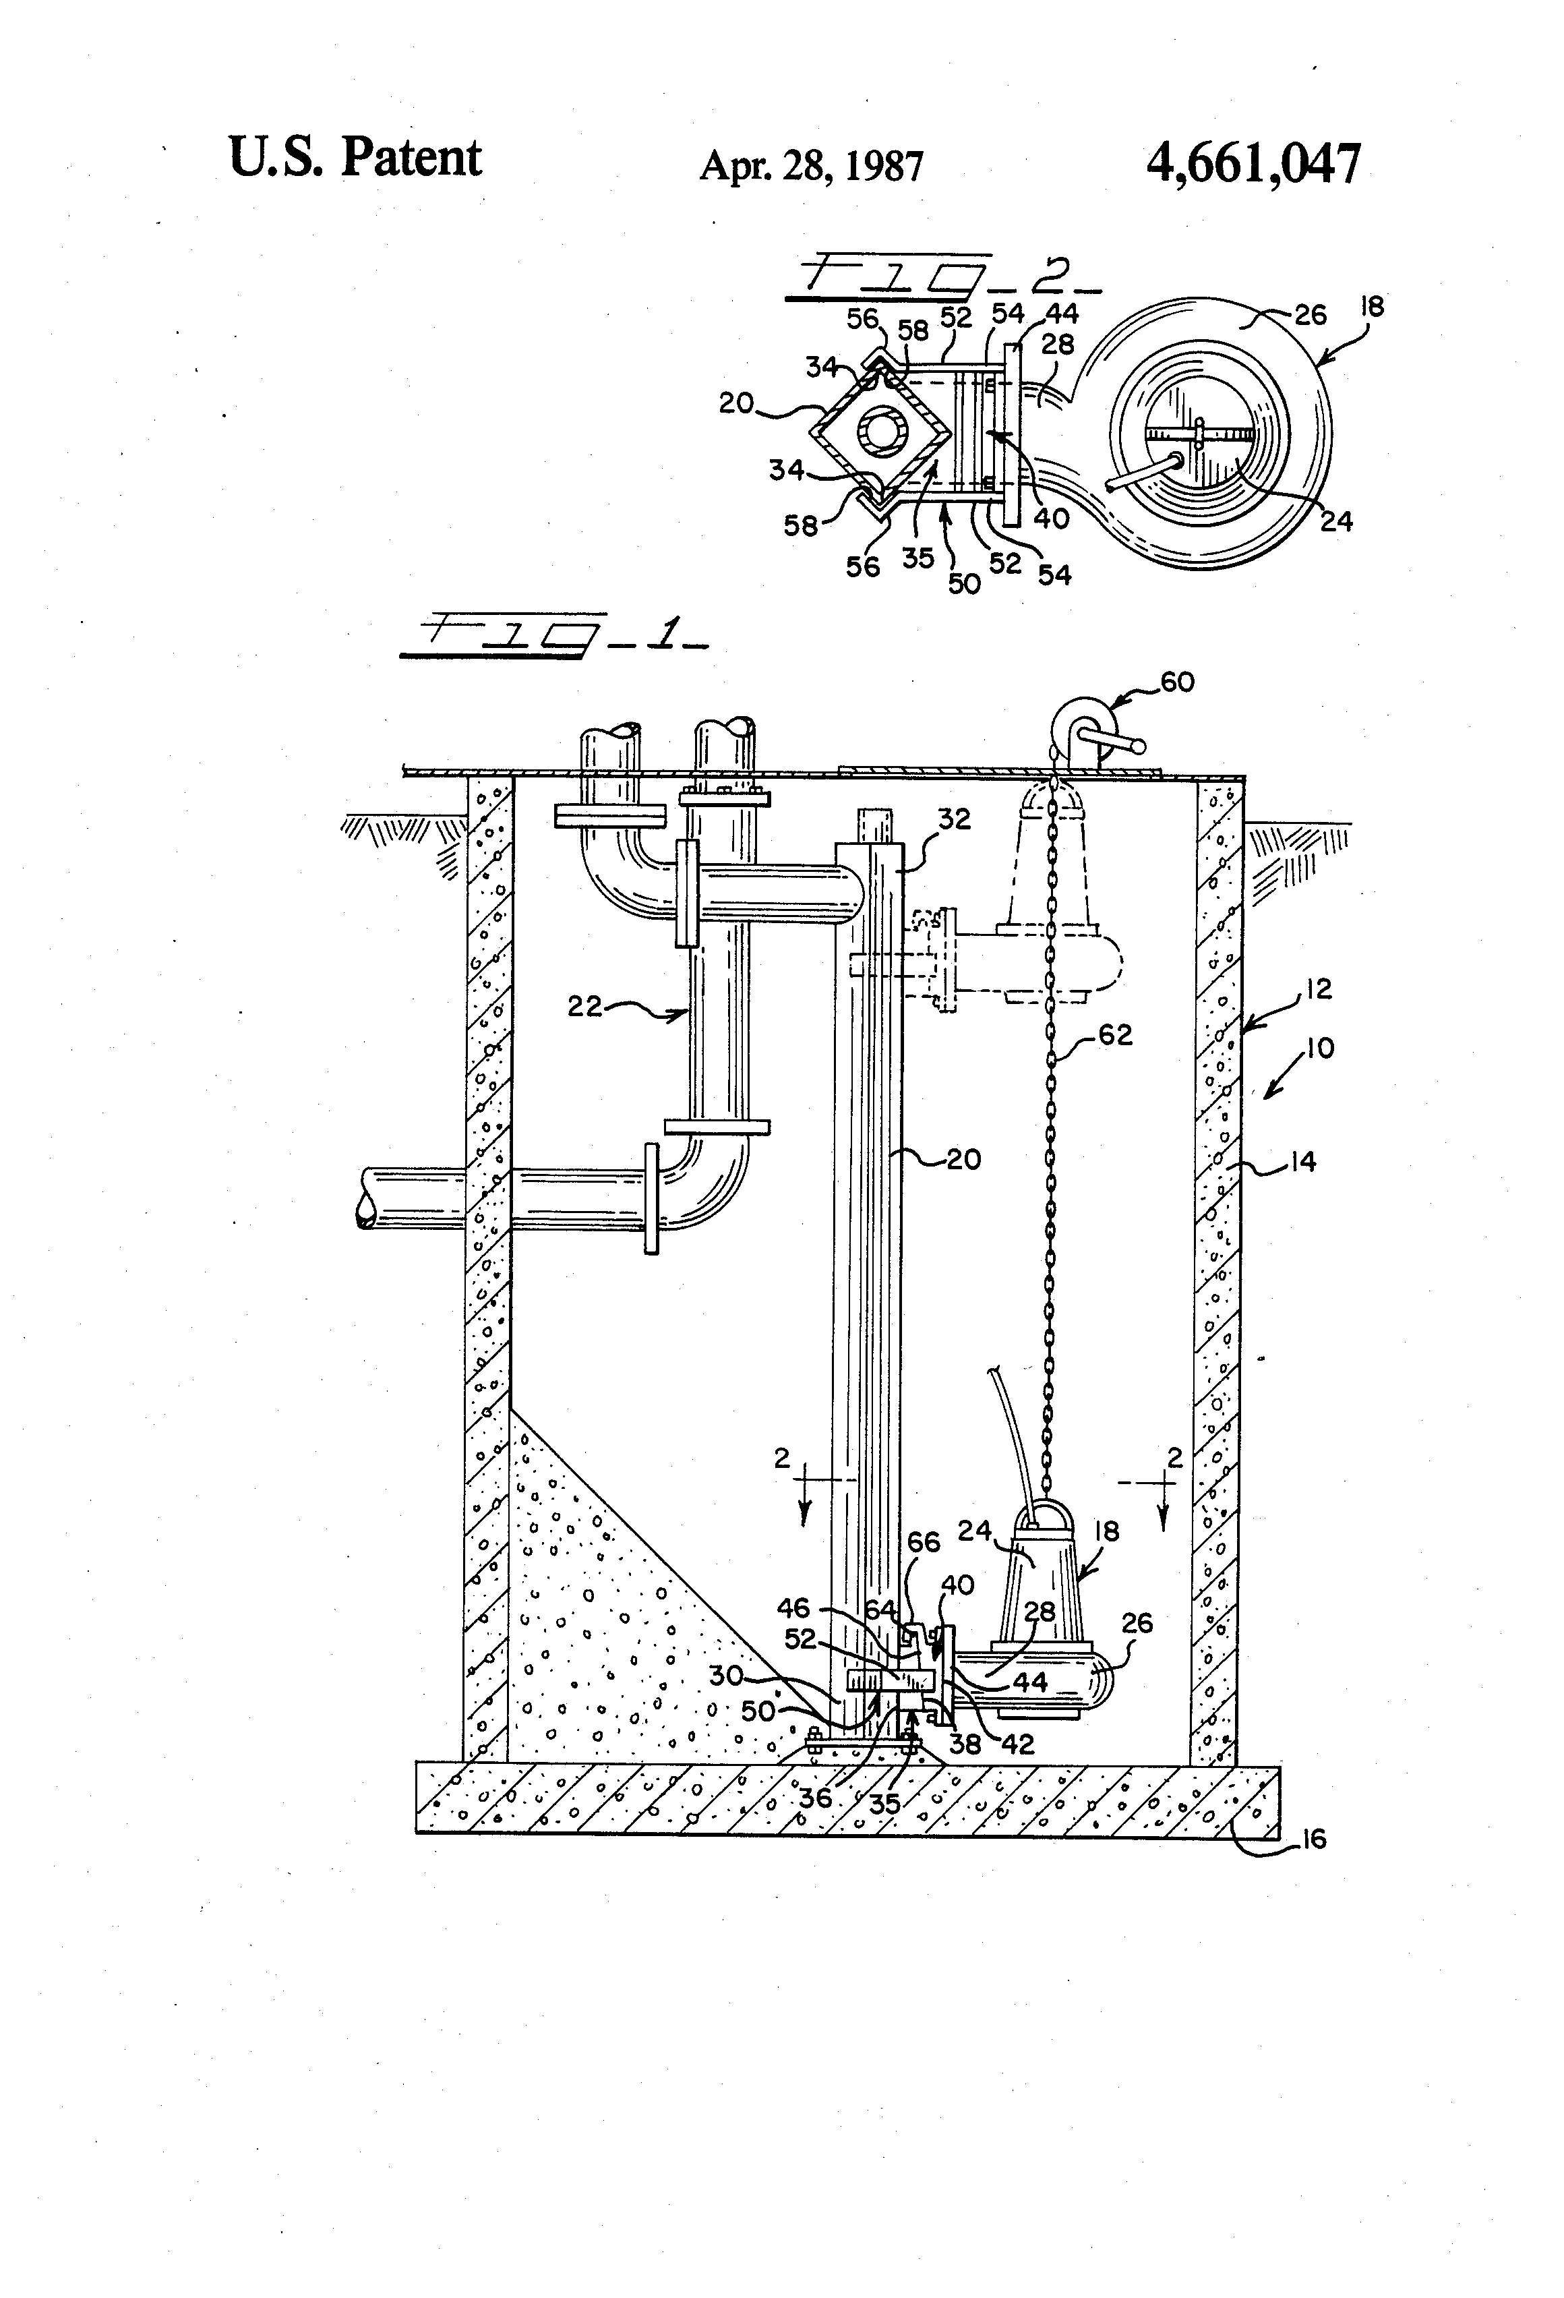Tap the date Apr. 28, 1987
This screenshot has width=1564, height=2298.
click(811, 166)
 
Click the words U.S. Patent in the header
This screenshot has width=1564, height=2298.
click(355, 158)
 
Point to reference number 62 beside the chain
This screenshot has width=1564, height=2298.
click(1114, 1035)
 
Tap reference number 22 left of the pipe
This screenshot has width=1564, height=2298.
click(585, 1007)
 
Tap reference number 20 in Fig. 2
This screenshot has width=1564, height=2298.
click(738, 403)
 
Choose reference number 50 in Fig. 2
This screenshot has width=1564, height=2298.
click(964, 583)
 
